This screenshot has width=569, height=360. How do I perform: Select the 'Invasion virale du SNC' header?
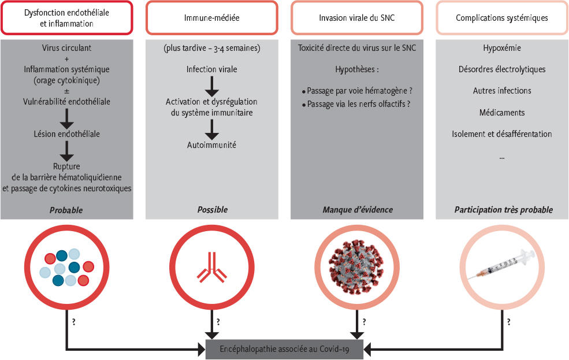coord(357,18)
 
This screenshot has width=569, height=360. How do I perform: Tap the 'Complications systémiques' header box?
coord(502,18)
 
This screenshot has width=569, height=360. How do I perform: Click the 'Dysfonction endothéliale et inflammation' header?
coord(67,18)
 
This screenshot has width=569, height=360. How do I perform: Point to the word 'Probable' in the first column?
coord(67,210)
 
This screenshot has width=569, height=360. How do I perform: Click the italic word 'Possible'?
coord(212,210)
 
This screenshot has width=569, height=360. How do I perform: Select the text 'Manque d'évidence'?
coord(357,210)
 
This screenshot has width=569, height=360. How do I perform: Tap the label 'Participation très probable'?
coord(502,210)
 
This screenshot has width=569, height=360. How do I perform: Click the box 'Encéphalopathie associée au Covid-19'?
coord(285,348)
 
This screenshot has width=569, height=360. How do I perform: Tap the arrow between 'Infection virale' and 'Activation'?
coord(212,85)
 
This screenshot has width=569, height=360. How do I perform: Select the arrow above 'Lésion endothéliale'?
coord(67,117)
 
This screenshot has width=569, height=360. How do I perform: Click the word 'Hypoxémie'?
coord(501,48)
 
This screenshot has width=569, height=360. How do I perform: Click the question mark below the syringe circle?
coord(509,322)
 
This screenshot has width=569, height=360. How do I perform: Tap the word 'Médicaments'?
coord(501,112)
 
